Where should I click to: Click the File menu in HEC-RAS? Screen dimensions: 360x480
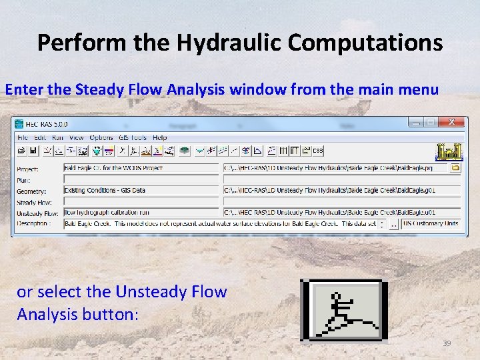(23, 137)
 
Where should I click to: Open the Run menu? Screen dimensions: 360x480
(58, 137)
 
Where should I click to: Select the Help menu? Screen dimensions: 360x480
(160, 137)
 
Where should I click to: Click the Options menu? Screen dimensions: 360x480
(101, 137)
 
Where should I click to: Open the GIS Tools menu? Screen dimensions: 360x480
(133, 137)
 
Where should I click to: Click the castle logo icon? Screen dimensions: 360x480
(448, 151)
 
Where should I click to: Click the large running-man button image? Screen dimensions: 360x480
(343, 310)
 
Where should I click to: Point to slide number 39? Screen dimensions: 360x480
(447, 343)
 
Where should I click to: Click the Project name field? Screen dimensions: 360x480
(141, 169)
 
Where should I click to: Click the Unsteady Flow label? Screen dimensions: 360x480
(37, 213)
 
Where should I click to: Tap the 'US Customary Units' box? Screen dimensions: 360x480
(431, 223)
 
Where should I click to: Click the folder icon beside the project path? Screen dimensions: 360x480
(456, 169)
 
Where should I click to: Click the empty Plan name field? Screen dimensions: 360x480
(141, 179)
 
